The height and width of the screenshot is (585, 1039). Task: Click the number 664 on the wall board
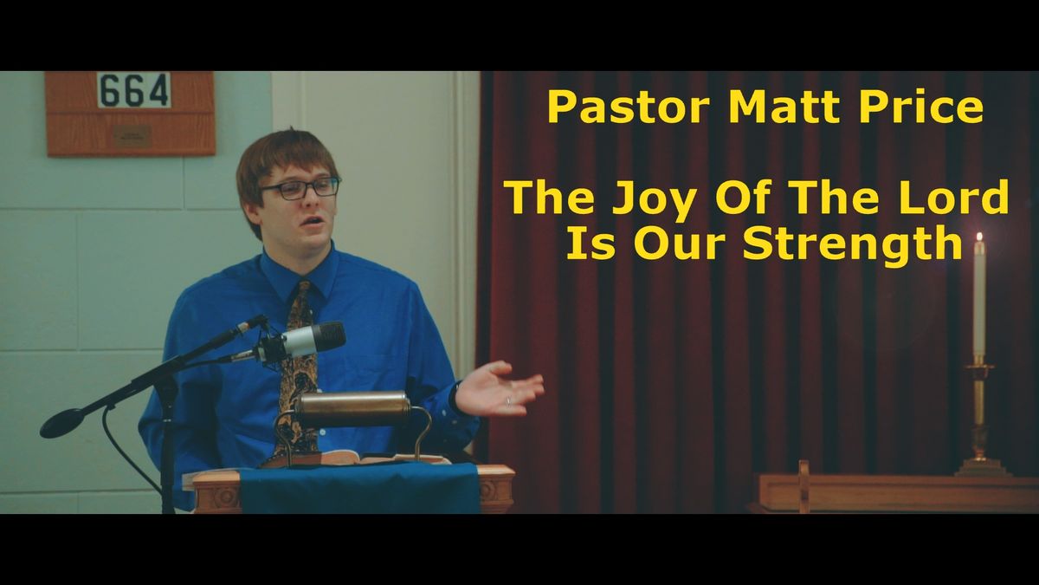coord(133,90)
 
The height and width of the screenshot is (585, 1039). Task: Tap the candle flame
coord(979,237)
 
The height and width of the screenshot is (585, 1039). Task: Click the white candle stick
coord(979,299)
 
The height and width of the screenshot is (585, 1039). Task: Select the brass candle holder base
coord(982,466)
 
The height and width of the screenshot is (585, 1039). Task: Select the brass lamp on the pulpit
coord(351,407)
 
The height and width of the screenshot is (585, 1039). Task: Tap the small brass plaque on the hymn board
coord(132,135)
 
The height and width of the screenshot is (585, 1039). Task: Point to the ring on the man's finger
coord(508,401)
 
